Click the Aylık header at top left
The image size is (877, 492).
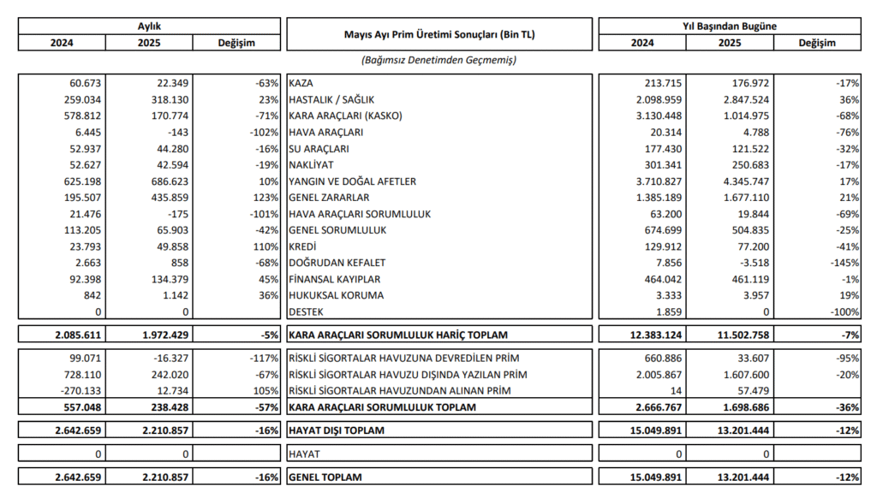pos(150,27)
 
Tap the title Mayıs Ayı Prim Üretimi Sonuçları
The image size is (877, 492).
pos(439,35)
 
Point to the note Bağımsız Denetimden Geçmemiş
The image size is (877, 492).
pos(439,61)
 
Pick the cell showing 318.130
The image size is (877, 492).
pos(170,99)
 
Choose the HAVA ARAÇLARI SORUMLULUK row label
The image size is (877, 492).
pos(359,214)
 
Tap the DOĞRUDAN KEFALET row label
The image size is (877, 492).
pos(337,263)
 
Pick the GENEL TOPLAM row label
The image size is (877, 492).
pos(325,477)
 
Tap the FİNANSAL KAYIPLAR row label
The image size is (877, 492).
pos(335,279)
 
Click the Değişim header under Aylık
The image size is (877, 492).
pos(237,43)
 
